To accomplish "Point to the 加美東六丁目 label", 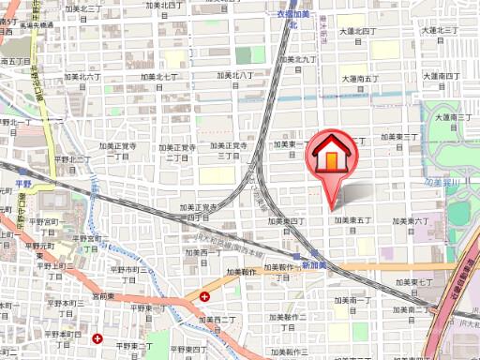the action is (411, 221).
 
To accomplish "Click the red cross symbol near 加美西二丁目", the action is (204, 296).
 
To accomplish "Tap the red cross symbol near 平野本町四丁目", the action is (97, 338).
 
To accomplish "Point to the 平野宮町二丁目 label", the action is (43, 226).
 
